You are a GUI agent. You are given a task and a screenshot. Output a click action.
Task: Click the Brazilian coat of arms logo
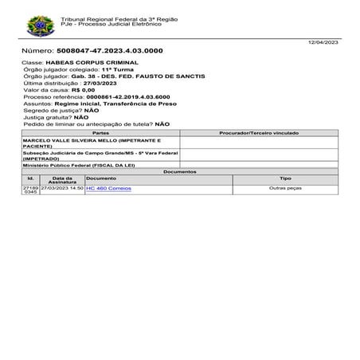40,26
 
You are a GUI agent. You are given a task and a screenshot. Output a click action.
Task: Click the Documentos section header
179,171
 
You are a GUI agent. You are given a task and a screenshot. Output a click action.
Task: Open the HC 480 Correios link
108,189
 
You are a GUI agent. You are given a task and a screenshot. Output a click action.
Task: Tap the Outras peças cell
284,189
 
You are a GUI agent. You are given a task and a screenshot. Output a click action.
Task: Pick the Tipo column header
284,178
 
